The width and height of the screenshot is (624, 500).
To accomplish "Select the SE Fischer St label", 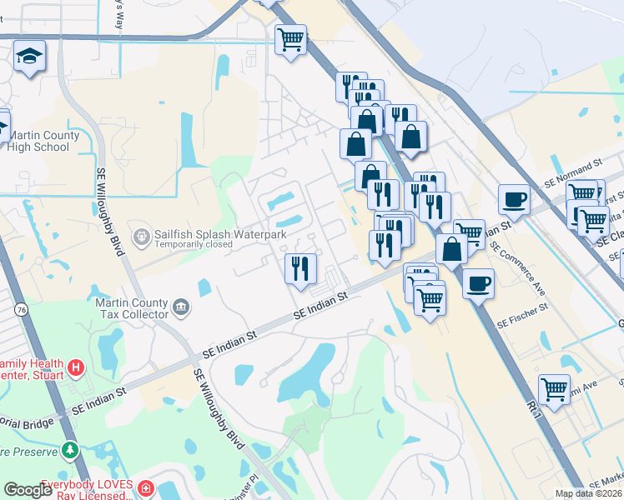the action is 521,321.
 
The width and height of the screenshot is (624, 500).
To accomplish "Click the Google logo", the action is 27,490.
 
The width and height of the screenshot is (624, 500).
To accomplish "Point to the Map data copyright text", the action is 589,493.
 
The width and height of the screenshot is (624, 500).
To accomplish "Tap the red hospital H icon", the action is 75,366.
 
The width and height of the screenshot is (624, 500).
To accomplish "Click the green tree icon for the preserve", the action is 70,451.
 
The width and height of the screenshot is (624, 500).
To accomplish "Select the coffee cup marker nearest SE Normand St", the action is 513,199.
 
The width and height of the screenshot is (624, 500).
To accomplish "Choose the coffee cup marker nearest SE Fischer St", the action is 479,283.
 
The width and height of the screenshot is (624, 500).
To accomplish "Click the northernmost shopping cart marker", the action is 290,38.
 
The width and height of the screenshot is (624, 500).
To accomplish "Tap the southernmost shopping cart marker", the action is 554,387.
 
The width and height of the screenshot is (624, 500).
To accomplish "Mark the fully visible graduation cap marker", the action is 30,57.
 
